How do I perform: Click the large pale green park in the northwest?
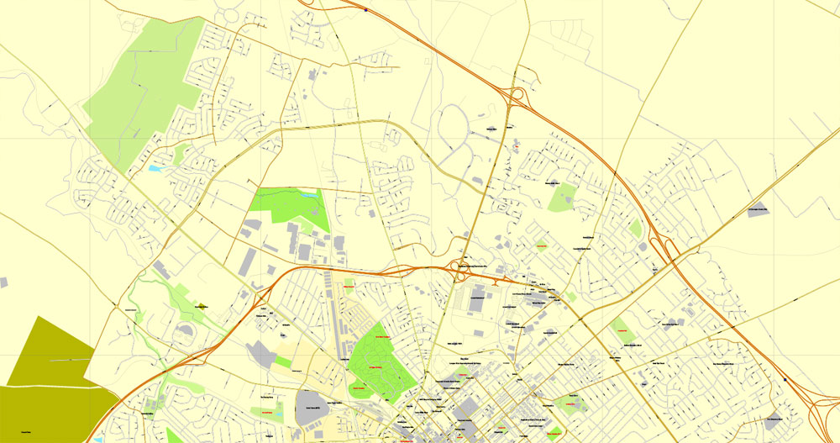(143, 92)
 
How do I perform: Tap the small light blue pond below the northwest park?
(154, 169)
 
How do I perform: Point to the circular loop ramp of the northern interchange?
(516, 93)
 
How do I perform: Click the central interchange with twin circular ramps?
(460, 271)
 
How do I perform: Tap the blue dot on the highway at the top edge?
(366, 10)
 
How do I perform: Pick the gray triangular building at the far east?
(759, 210)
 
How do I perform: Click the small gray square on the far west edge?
(4, 282)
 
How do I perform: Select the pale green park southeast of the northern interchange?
(561, 198)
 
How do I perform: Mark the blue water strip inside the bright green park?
(310, 195)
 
